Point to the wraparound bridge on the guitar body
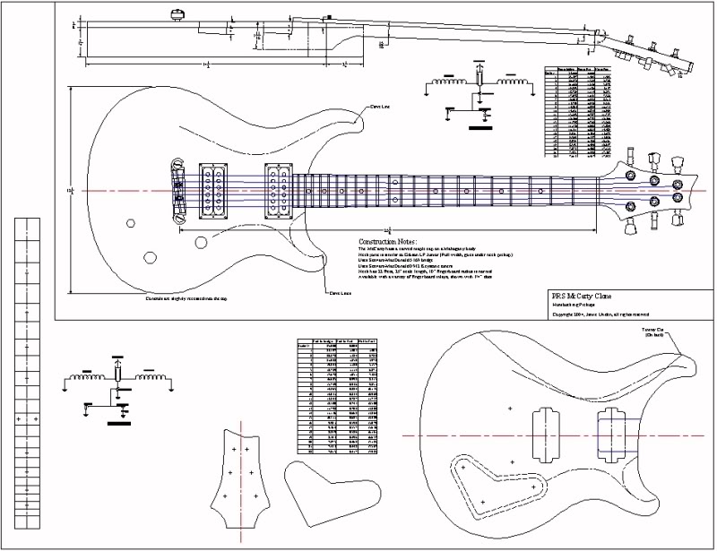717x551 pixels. tap(177, 190)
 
